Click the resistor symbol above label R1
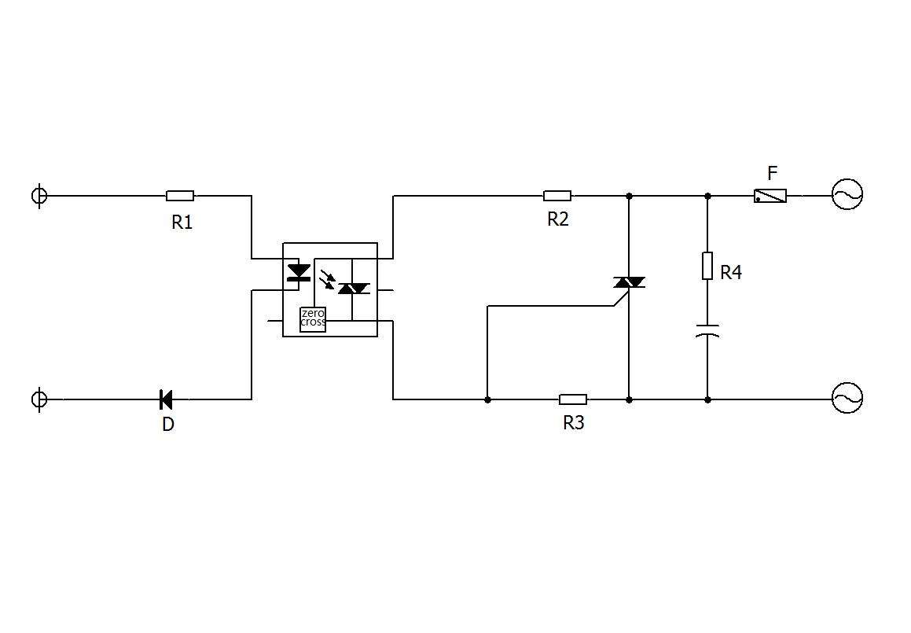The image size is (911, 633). pyautogui.click(x=180, y=196)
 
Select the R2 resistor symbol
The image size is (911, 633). pyautogui.click(x=557, y=196)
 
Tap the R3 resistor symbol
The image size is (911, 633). pyautogui.click(x=573, y=399)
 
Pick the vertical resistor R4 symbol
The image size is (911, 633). pyautogui.click(x=707, y=266)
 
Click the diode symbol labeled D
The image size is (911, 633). pyautogui.click(x=166, y=399)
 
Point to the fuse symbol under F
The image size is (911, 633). pyautogui.click(x=770, y=196)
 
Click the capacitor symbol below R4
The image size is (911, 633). pyautogui.click(x=707, y=330)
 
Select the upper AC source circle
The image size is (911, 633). pyautogui.click(x=847, y=194)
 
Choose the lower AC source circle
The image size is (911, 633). pyautogui.click(x=847, y=398)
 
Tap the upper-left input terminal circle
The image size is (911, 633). pyautogui.click(x=39, y=195)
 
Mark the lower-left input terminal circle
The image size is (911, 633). pyautogui.click(x=39, y=399)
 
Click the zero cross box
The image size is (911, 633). pyautogui.click(x=313, y=319)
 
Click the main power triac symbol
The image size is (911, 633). pyautogui.click(x=630, y=283)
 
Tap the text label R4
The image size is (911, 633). pyautogui.click(x=731, y=273)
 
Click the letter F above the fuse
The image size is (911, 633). pyautogui.click(x=772, y=173)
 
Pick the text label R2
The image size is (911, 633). pyautogui.click(x=558, y=219)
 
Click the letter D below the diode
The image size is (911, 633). pyautogui.click(x=168, y=425)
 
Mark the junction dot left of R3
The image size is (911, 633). pyautogui.click(x=487, y=400)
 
